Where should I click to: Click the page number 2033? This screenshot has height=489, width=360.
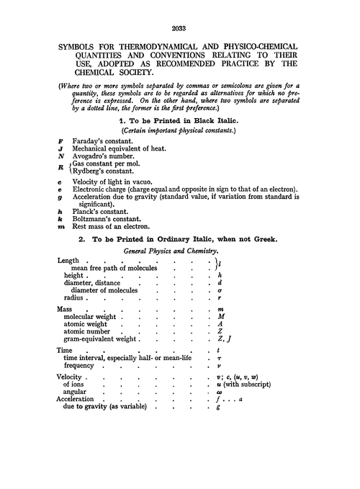point(179,29)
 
